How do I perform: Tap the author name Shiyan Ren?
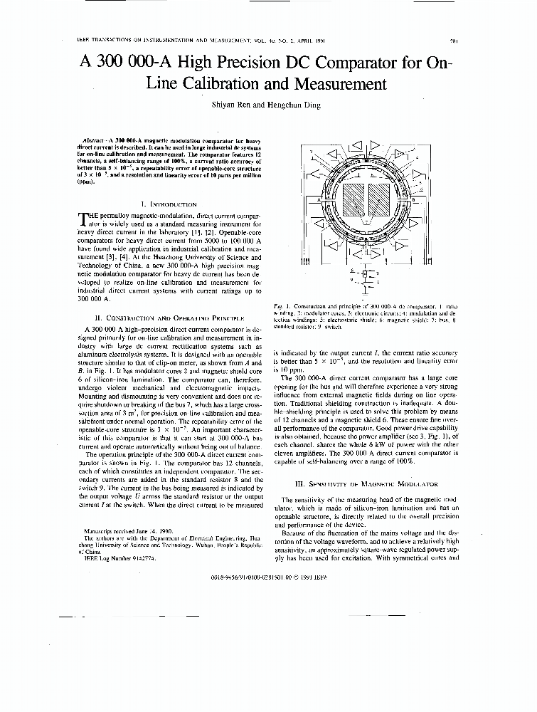pyautogui.click(x=235, y=105)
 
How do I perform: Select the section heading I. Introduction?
pyautogui.click(x=169, y=204)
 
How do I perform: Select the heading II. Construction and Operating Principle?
pyautogui.click(x=169, y=318)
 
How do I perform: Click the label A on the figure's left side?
pyautogui.click(x=313, y=201)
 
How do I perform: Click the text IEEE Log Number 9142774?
pyautogui.click(x=119, y=558)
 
